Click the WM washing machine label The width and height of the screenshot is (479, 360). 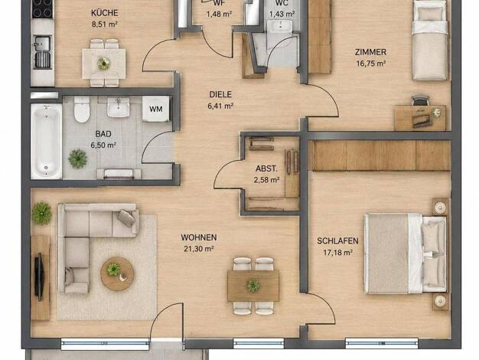156,109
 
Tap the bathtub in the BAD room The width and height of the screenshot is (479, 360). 46,141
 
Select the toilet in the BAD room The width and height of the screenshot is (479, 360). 82,110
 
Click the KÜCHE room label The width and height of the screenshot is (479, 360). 105,13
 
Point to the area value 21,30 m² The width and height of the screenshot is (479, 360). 199,249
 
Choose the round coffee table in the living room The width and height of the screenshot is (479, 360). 117,273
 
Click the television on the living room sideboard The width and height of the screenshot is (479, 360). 39,277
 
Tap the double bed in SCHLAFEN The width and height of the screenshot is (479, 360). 406,254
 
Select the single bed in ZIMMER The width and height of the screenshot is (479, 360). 429,41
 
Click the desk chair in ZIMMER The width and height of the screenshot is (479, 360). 420,100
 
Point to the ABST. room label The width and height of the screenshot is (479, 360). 267,169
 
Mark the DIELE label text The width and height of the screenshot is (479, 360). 220,94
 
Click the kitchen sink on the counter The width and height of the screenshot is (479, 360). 42,44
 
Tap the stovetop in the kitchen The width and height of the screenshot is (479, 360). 42,9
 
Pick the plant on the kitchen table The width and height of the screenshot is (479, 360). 104,64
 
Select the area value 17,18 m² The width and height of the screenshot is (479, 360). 338,253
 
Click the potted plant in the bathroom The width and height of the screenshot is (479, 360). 77,159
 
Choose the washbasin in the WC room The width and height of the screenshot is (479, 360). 280,26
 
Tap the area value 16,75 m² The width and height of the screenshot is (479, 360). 371,64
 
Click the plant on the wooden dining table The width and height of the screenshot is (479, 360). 253,286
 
